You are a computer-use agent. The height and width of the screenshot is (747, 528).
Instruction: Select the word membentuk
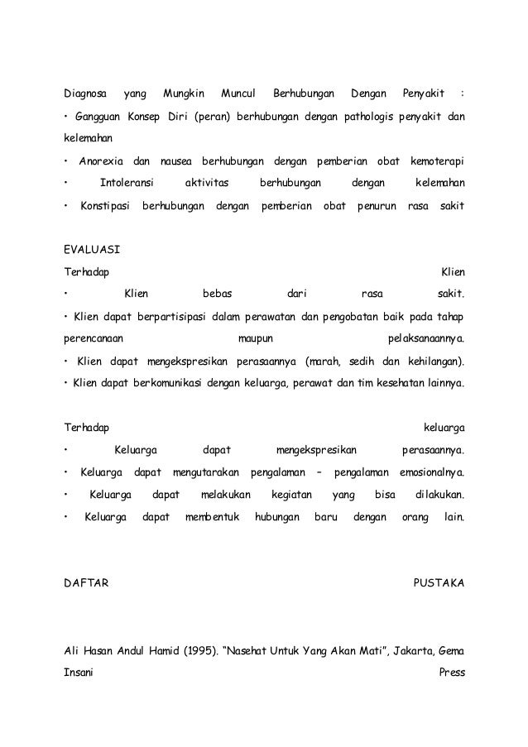click(x=211, y=518)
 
